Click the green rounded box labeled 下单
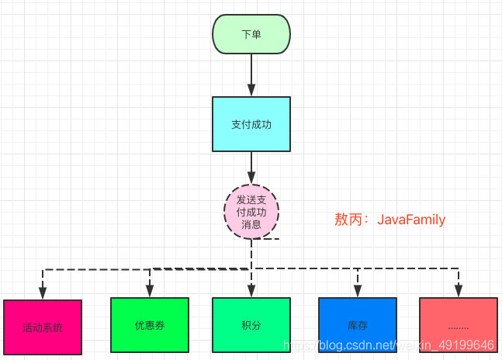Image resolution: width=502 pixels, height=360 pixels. click(x=251, y=35)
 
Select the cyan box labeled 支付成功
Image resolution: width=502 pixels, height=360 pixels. click(x=251, y=124)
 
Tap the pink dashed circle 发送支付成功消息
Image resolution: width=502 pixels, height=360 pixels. click(x=251, y=212)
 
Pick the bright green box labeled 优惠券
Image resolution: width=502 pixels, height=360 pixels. click(x=150, y=325)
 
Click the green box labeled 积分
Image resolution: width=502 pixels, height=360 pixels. click(x=251, y=325)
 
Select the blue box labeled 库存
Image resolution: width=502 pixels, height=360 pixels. click(x=358, y=325)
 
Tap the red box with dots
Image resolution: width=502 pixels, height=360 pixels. click(x=458, y=325)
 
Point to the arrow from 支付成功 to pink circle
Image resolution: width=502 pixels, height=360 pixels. click(x=251, y=168)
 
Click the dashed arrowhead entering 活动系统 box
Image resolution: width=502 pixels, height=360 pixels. click(x=43, y=293)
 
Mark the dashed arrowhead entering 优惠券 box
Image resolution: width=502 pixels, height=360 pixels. click(x=150, y=291)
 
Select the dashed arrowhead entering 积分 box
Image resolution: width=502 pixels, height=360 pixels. click(x=251, y=291)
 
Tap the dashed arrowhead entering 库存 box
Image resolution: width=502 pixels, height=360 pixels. click(x=358, y=291)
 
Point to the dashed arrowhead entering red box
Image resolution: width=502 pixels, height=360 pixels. click(x=458, y=291)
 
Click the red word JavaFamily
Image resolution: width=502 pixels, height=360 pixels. click(x=411, y=220)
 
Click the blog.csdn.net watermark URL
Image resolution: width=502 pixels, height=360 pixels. click(x=388, y=344)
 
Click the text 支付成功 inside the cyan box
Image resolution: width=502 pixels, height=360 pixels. click(x=251, y=124)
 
